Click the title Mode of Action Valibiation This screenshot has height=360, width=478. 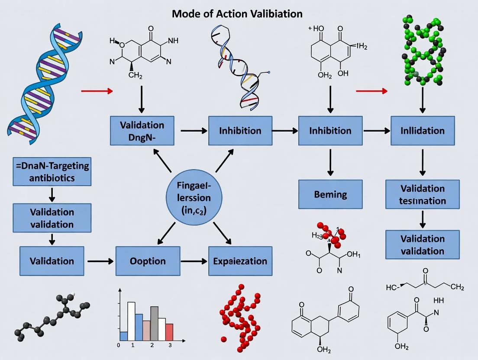point(237,13)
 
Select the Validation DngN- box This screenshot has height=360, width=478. point(142,131)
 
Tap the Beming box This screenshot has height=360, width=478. point(330,194)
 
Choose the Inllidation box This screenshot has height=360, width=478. point(423,130)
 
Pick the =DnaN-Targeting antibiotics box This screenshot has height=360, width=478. point(52,172)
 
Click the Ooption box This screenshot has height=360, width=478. point(148,261)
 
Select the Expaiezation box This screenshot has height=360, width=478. point(240,261)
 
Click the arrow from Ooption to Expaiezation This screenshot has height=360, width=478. point(194,261)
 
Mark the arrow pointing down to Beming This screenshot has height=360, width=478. point(330,162)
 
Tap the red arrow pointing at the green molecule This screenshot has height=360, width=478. point(371,91)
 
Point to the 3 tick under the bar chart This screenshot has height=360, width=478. point(170,345)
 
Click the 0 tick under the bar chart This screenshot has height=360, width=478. point(118,345)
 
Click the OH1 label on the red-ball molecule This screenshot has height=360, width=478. point(353,255)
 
